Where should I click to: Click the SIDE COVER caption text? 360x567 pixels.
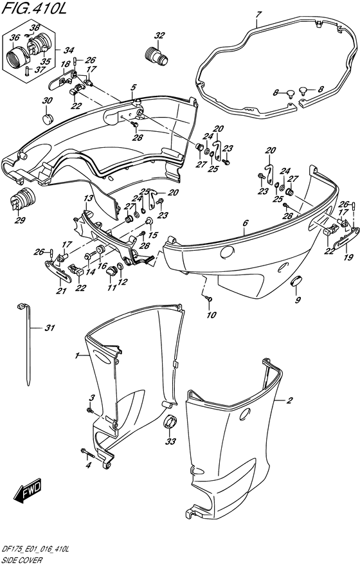click(22, 560)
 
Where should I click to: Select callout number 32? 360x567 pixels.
click(159, 35)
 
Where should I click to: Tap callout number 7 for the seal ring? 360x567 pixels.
click(258, 15)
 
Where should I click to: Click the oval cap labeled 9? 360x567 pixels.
click(296, 280)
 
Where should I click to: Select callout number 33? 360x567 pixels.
click(170, 441)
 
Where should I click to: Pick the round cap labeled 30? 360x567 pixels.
click(48, 118)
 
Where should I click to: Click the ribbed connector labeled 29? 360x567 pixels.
click(22, 199)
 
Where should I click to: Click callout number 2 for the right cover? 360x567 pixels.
click(289, 401)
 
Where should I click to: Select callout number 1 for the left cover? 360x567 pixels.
click(76, 357)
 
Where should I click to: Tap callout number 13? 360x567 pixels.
click(89, 198)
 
